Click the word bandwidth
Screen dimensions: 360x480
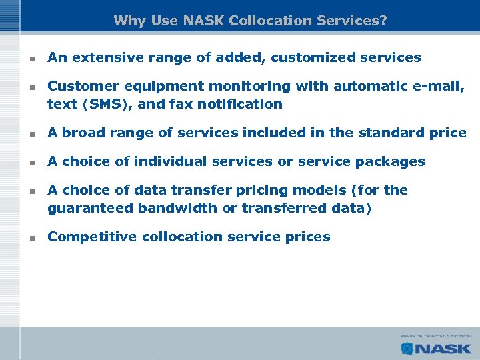(x=179, y=207)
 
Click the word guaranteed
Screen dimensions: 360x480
(x=91, y=207)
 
